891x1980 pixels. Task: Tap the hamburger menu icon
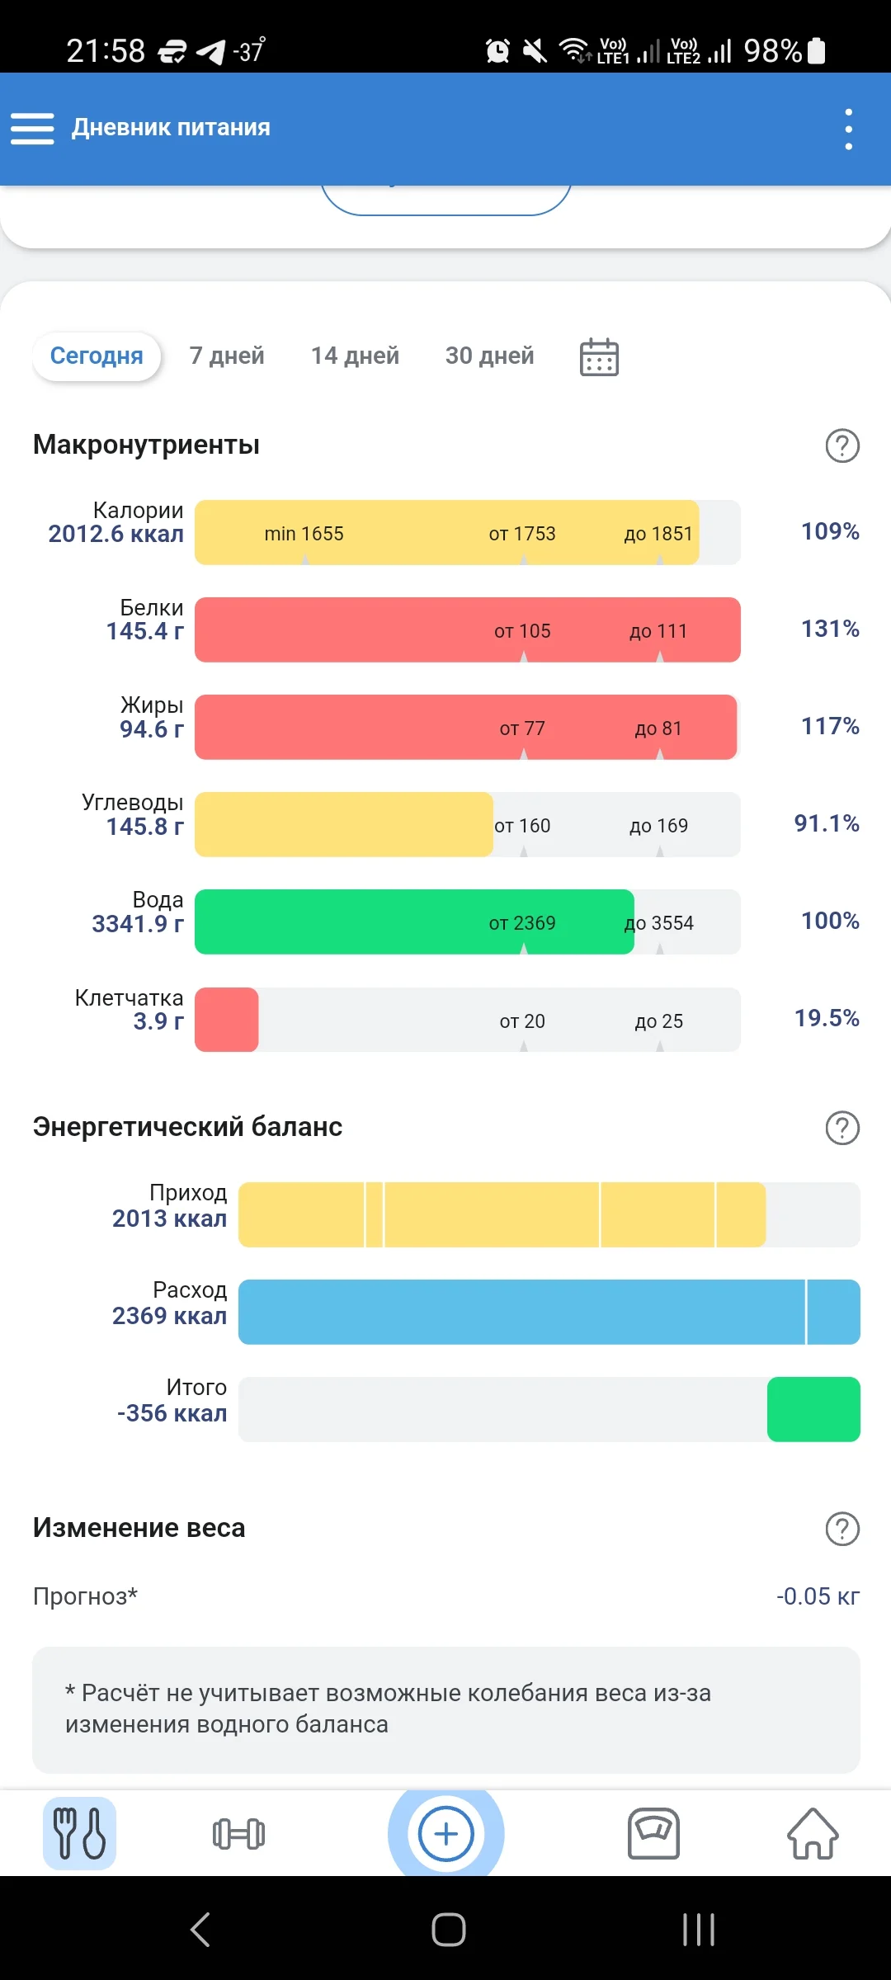[32, 129]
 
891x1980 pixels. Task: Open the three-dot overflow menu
[848, 130]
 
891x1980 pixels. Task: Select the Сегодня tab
[97, 356]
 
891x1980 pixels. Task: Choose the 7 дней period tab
[227, 356]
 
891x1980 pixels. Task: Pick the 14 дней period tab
[355, 356]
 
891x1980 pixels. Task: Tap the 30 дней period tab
[489, 356]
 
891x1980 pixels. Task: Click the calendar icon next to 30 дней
[599, 357]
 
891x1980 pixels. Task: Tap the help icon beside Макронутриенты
[842, 445]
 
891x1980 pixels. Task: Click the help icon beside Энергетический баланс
[842, 1128]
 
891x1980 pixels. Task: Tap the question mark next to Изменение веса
[842, 1529]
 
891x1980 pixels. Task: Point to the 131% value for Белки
[830, 629]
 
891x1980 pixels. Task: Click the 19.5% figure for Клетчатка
[827, 1018]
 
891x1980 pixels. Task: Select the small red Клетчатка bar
[227, 1020]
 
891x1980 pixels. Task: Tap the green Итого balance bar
[813, 1409]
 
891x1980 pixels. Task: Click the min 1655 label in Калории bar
[304, 534]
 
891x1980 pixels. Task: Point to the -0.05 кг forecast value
[818, 1596]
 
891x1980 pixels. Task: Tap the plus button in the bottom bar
[446, 1834]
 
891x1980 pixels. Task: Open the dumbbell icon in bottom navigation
[238, 1834]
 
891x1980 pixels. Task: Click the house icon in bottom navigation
[813, 1834]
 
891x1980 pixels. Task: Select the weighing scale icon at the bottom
[653, 1834]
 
